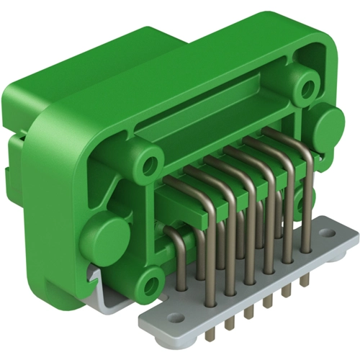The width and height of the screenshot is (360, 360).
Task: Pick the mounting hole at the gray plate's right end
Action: coord(332,235)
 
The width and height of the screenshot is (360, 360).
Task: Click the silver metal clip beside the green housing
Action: coord(101,288)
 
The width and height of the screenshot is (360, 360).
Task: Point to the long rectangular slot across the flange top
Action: coord(216,119)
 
